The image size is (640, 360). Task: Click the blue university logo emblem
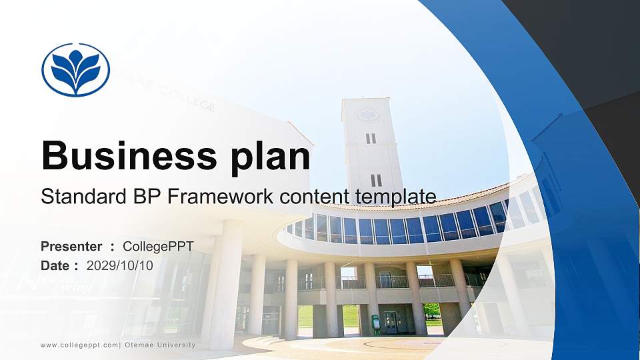coord(75,70)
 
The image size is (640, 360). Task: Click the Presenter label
coord(71,247)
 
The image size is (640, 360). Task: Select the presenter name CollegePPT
coord(159,247)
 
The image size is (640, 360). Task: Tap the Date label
coord(56,265)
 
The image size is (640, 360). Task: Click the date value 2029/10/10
coord(120,265)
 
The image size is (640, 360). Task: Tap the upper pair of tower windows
coord(371,138)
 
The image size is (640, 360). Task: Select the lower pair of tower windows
coord(376,180)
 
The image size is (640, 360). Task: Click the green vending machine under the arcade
coord(376,324)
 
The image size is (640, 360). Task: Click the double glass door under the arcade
coord(390,323)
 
